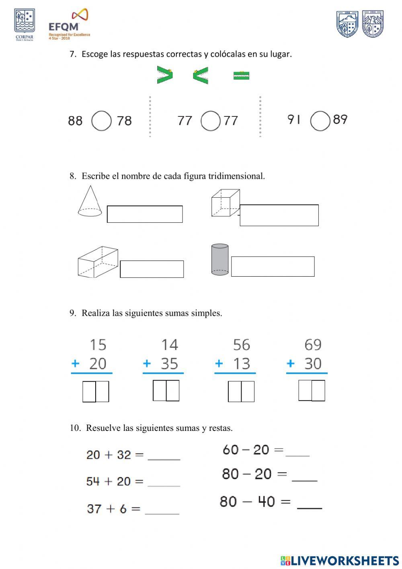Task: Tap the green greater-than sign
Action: pyautogui.click(x=164, y=75)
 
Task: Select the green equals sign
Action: pyautogui.click(x=241, y=75)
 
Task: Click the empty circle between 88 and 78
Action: pyautogui.click(x=101, y=121)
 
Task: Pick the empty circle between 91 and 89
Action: pyautogui.click(x=320, y=121)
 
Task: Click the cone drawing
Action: pyautogui.click(x=90, y=201)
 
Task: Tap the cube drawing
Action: pyautogui.click(x=225, y=203)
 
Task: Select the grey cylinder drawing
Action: pyautogui.click(x=220, y=259)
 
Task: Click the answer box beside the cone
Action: pyautogui.click(x=145, y=214)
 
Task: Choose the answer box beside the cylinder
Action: pyautogui.click(x=273, y=267)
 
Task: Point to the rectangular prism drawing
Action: pyautogui.click(x=98, y=262)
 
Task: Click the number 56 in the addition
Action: pyautogui.click(x=241, y=345)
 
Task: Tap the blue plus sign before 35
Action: pyautogui.click(x=147, y=363)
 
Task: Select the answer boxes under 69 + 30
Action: pyautogui.click(x=312, y=391)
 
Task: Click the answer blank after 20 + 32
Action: pyautogui.click(x=164, y=455)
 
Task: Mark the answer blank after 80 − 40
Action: pyautogui.click(x=310, y=503)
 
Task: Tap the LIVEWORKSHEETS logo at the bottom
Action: pyautogui.click(x=340, y=560)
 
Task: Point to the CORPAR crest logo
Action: pyautogui.click(x=25, y=25)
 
